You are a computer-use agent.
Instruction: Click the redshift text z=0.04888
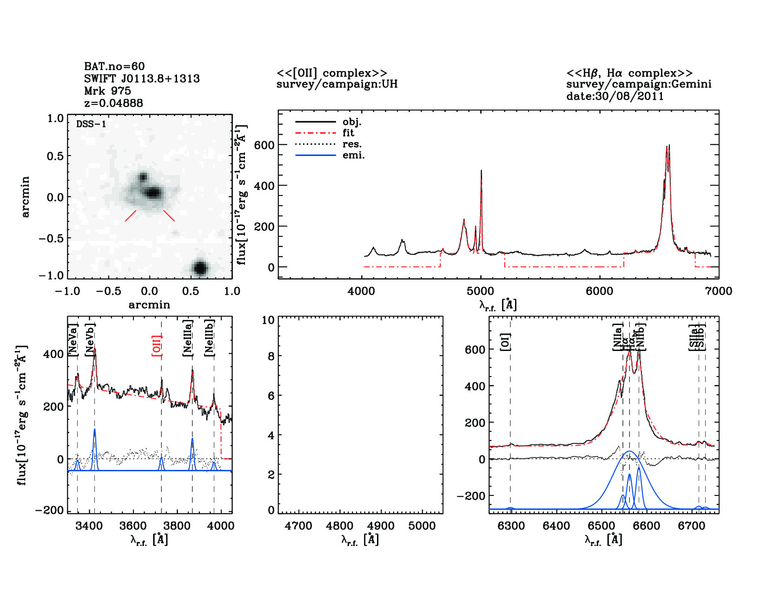pyautogui.click(x=113, y=103)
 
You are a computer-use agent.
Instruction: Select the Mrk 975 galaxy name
pyautogui.click(x=107, y=91)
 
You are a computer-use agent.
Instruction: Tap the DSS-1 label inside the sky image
pyautogui.click(x=91, y=124)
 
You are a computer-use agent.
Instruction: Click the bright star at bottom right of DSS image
pyautogui.click(x=200, y=268)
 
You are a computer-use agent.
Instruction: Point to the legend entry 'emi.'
pyautogui.click(x=353, y=156)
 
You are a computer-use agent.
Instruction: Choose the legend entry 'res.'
pyautogui.click(x=352, y=144)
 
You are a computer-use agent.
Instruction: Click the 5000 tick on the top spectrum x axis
pyautogui.click(x=480, y=291)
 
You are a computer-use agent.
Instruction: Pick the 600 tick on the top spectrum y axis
pyautogui.click(x=264, y=145)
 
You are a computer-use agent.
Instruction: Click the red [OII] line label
pyautogui.click(x=157, y=346)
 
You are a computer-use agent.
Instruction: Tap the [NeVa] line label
pyautogui.click(x=73, y=342)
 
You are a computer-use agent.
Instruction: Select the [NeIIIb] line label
pyautogui.click(x=210, y=338)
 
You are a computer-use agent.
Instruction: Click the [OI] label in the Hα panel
pyautogui.click(x=505, y=342)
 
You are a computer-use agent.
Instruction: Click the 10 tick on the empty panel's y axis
pyautogui.click(x=268, y=320)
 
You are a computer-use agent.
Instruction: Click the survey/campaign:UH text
pyautogui.click(x=337, y=85)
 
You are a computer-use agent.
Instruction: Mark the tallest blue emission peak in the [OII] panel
pyautogui.click(x=95, y=430)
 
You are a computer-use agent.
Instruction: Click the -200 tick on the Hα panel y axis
pyautogui.click(x=471, y=496)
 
